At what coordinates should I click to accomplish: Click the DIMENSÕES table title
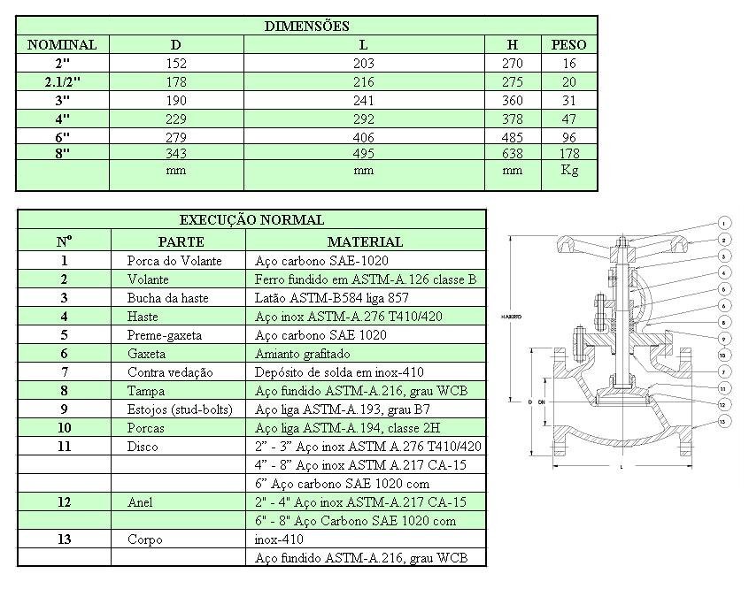[x=307, y=26]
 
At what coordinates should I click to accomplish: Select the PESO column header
[x=569, y=44]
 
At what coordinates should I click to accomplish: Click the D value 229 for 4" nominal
[x=176, y=119]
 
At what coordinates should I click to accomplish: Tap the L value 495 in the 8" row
[x=364, y=154]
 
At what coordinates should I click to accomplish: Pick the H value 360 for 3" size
[x=513, y=100]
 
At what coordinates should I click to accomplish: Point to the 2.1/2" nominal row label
[x=63, y=81]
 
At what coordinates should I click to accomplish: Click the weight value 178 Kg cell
[x=569, y=154]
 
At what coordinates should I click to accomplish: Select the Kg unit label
[x=569, y=170]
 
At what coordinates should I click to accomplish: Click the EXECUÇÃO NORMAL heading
[x=251, y=219]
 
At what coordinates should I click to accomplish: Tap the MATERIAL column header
[x=365, y=241]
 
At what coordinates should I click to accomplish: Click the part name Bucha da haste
[x=168, y=298]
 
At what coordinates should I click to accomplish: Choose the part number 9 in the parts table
[x=64, y=409]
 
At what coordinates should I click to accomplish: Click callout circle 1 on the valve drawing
[x=723, y=223]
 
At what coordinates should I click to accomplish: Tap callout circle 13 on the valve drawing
[x=723, y=421]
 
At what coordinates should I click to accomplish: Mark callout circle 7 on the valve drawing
[x=723, y=371]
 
